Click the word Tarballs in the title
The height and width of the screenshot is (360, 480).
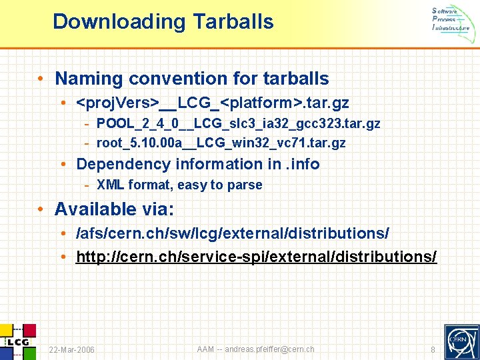pyautogui.click(x=233, y=22)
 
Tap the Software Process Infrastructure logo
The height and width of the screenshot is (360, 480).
pyautogui.click(x=451, y=19)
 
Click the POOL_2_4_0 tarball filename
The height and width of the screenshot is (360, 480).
pyautogui.click(x=238, y=123)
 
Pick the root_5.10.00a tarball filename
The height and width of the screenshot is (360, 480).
pyautogui.click(x=221, y=143)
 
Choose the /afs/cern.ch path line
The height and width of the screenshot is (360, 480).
pyautogui.click(x=233, y=235)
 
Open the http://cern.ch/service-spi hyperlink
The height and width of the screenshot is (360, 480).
pyautogui.click(x=257, y=257)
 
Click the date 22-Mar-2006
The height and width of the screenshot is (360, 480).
pyautogui.click(x=72, y=350)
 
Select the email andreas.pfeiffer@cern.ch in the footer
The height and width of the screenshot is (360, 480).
pyautogui.click(x=269, y=349)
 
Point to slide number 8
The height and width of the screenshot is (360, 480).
pyautogui.click(x=433, y=350)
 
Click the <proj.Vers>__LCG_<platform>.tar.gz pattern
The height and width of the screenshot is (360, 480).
pyautogui.click(x=213, y=103)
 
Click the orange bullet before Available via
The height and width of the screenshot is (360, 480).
pyautogui.click(x=41, y=209)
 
